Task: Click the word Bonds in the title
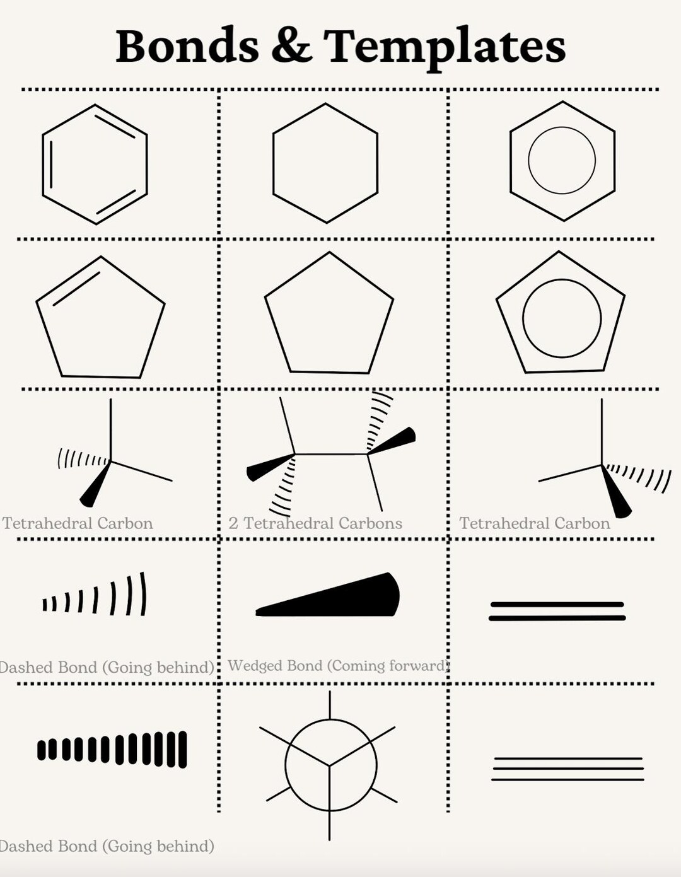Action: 187,45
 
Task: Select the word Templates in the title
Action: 444,47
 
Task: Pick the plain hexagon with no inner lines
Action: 325,163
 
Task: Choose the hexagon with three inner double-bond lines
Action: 95,164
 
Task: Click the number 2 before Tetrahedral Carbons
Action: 233,523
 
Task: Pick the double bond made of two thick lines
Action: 557,611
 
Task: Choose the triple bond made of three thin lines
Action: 567,769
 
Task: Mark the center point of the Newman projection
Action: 329,765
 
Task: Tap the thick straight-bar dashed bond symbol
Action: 112,749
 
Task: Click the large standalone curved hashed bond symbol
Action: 95,596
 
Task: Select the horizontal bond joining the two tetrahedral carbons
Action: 331,454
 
